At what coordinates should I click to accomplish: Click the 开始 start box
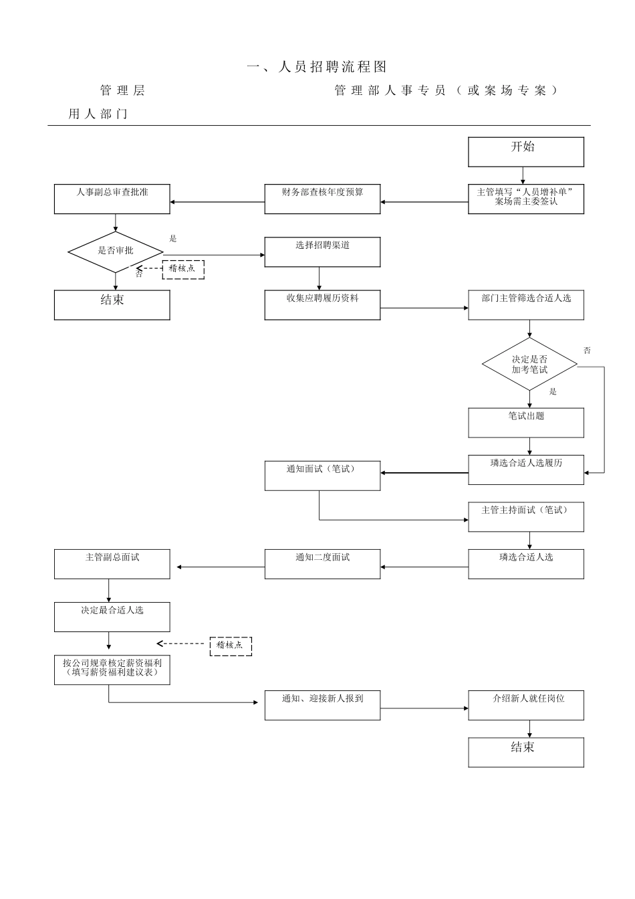(x=525, y=152)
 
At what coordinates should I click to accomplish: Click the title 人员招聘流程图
(x=317, y=67)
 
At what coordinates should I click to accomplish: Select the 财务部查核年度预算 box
(x=322, y=199)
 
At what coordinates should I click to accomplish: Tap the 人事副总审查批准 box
(x=112, y=199)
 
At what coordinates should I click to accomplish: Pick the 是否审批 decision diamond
(x=116, y=252)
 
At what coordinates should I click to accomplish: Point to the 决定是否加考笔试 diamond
(x=529, y=365)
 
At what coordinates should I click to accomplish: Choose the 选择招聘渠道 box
(x=322, y=252)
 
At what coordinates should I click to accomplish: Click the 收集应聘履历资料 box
(x=322, y=305)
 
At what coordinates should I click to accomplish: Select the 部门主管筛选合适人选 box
(x=525, y=305)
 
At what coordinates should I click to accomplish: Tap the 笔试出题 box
(x=525, y=423)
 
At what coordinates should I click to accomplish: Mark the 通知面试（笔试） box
(x=322, y=476)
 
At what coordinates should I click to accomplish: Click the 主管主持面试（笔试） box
(x=525, y=517)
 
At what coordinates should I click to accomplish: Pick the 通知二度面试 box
(x=322, y=564)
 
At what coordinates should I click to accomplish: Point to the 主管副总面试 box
(x=112, y=564)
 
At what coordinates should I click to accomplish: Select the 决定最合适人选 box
(x=112, y=617)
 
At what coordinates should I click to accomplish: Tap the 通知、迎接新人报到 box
(x=322, y=705)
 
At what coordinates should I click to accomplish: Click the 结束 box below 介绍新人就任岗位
(x=525, y=752)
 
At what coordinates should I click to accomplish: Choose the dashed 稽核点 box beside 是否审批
(x=183, y=269)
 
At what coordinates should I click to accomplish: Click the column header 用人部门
(x=98, y=114)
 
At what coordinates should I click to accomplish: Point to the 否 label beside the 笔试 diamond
(x=587, y=351)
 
